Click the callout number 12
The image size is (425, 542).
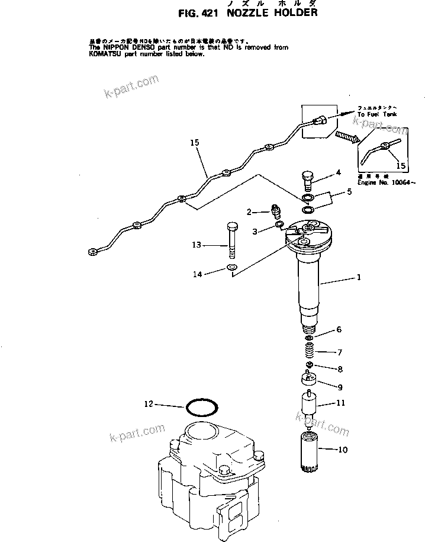click(x=149, y=404)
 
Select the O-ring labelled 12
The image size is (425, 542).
click(x=202, y=408)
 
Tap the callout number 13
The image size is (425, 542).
click(x=197, y=244)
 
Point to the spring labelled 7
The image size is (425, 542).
click(x=308, y=354)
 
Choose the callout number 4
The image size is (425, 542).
click(x=339, y=173)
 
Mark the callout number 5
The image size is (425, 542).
click(x=349, y=192)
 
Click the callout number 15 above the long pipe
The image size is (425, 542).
click(x=195, y=143)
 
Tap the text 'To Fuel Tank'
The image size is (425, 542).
click(x=377, y=114)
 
